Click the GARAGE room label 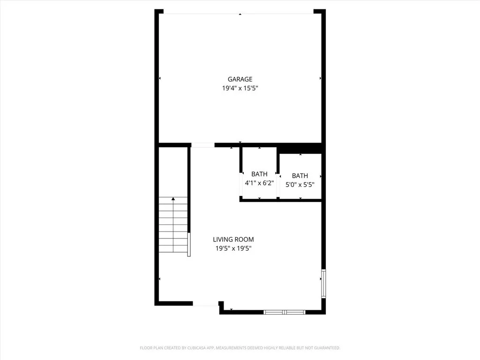click(240, 79)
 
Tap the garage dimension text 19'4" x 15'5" click(240, 88)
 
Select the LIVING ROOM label click(233, 240)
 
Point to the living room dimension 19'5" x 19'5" click(233, 248)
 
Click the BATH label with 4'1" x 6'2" click(259, 174)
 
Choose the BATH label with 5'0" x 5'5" click(300, 176)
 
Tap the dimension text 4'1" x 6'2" click(259, 183)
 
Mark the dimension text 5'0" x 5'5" click(300, 185)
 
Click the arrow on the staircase click(173, 201)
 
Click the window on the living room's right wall click(323, 283)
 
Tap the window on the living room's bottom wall click(285, 312)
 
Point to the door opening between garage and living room click(203, 145)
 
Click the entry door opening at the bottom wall click(205, 305)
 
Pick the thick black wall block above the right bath click(300, 148)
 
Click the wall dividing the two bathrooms click(278, 173)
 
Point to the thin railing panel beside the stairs click(189, 245)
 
